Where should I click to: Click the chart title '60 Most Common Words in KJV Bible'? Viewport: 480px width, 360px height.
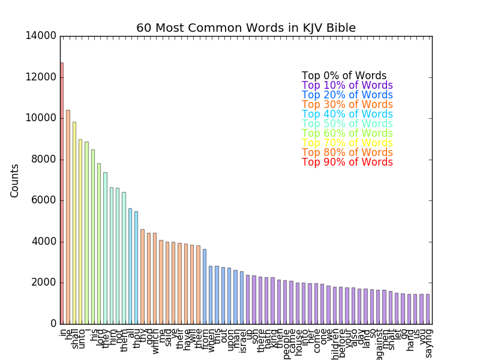pyautogui.click(x=246, y=28)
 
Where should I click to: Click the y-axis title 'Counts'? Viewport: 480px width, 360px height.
pyautogui.click(x=15, y=180)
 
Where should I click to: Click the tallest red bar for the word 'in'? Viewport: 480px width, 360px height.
pyautogui.click(x=62, y=192)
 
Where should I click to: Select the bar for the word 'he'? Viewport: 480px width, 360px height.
pyautogui.click(x=68, y=216)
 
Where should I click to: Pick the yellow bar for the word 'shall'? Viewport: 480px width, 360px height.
pyautogui.click(x=74, y=222)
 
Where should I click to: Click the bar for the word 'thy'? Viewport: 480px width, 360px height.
pyautogui.click(x=142, y=276)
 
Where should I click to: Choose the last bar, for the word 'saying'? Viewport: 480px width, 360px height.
pyautogui.click(x=428, y=309)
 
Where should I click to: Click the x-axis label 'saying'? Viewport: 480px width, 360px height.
pyautogui.click(x=428, y=343)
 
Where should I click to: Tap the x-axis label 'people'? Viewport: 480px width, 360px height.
pyautogui.click(x=286, y=342)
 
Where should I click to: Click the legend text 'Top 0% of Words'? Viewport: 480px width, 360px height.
pyautogui.click(x=344, y=76)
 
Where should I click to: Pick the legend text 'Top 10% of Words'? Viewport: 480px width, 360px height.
pyautogui.click(x=347, y=85)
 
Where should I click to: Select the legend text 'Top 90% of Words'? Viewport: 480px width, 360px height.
pyautogui.click(x=347, y=162)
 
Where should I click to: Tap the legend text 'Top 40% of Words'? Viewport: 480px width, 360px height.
pyautogui.click(x=347, y=114)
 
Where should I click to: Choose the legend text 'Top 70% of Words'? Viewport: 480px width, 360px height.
pyautogui.click(x=347, y=143)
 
